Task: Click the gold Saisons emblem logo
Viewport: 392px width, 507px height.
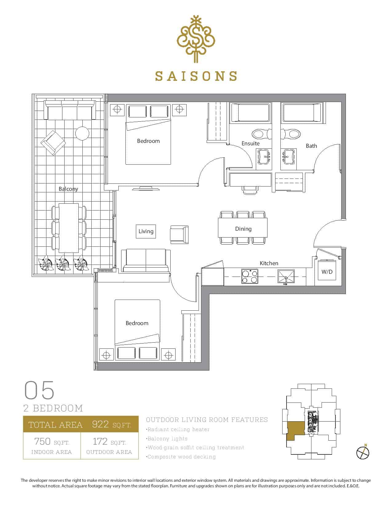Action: coord(196,39)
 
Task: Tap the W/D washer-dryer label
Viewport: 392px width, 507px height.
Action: coord(327,272)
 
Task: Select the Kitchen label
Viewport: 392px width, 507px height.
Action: coord(269,263)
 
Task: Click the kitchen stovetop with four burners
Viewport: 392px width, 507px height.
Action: coord(250,276)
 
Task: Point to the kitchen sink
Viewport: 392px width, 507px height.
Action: coord(286,277)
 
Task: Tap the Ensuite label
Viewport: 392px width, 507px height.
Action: coord(251,143)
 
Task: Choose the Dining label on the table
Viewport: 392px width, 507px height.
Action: coord(243,229)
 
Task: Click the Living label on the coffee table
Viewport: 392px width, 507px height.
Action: coord(146,231)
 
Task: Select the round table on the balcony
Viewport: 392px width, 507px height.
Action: coord(82,133)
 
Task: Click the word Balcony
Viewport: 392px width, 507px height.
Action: coord(68,189)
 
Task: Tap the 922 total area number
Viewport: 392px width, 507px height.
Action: coord(101,424)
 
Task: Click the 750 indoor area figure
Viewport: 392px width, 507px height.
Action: coord(42,442)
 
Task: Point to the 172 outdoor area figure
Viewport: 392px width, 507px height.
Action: coord(100,442)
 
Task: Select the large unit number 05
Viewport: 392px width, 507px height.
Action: coord(39,390)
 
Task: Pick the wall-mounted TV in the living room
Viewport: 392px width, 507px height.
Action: coord(146,188)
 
